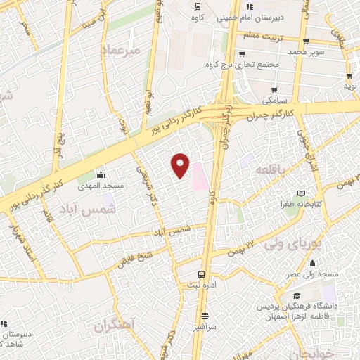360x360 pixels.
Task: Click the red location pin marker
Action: tap(181, 165)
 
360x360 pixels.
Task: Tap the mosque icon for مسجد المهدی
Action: tap(101, 174)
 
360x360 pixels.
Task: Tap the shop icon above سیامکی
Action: tap(274, 90)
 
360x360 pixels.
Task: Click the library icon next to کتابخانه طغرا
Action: tap(301, 193)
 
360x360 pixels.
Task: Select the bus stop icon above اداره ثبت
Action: tap(202, 274)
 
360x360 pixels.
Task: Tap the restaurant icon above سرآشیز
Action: tap(205, 315)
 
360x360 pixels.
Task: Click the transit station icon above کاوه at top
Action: tap(198, 6)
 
